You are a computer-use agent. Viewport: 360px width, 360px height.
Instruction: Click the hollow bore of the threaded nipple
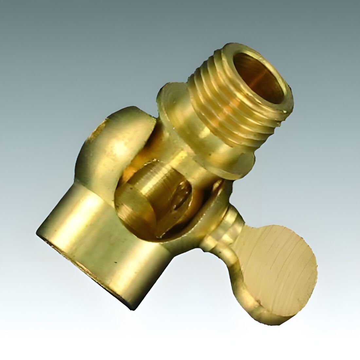(259, 77)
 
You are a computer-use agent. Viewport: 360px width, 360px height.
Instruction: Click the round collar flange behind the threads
(170, 98)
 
